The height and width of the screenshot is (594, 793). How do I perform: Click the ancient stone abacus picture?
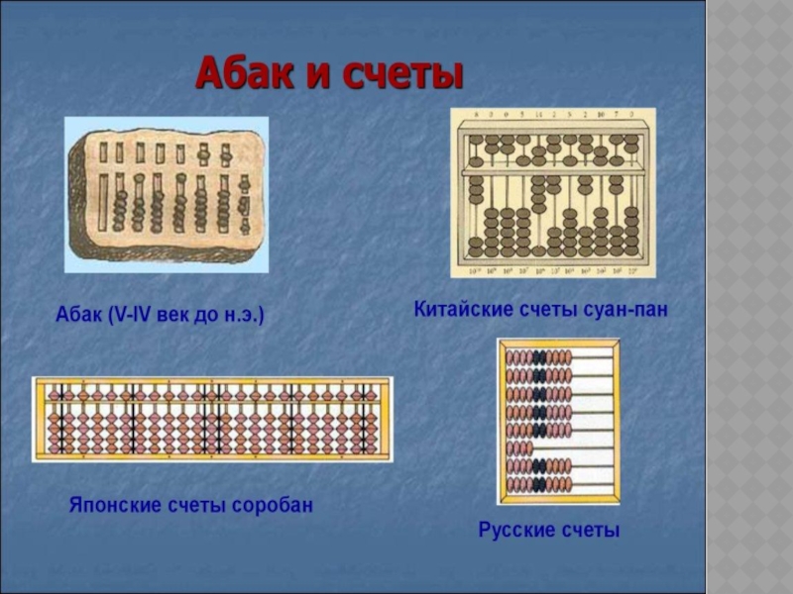(167, 193)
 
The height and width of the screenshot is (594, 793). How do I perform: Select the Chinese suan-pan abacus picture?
(553, 193)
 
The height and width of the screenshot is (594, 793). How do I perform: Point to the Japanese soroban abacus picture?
(212, 419)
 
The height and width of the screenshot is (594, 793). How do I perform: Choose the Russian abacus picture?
(559, 421)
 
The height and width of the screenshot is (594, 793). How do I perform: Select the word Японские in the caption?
(112, 505)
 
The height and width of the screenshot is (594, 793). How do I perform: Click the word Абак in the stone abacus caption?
(77, 317)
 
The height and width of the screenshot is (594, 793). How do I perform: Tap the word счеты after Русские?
(590, 531)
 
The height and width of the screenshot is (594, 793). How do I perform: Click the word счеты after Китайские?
(547, 310)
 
